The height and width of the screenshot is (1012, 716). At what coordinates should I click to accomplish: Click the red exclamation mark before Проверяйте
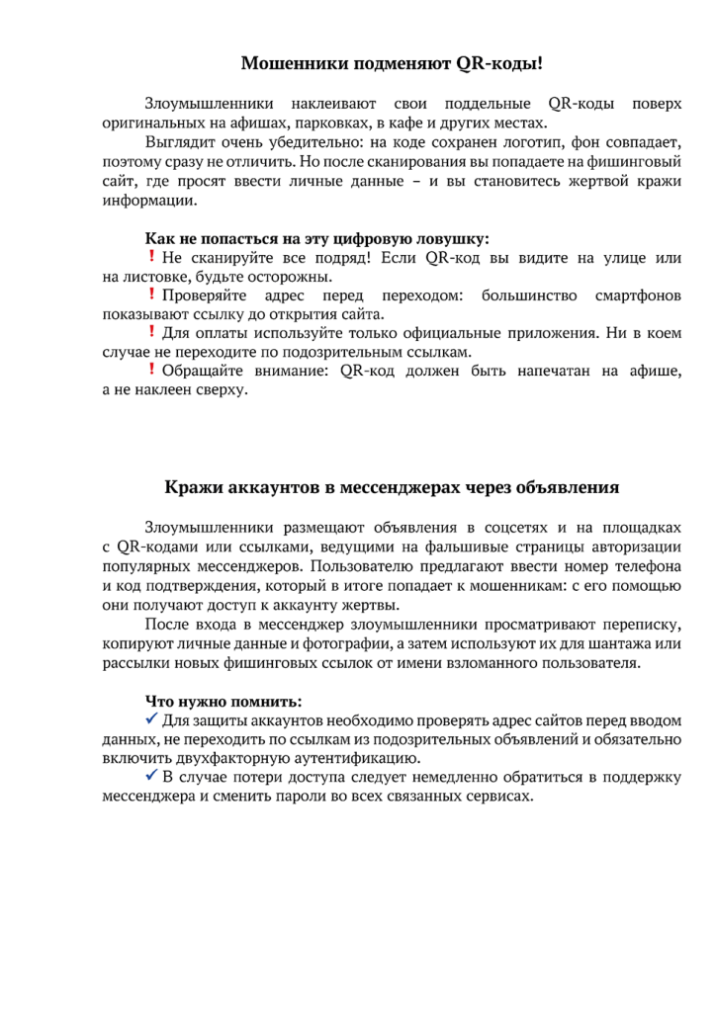pyautogui.click(x=151, y=295)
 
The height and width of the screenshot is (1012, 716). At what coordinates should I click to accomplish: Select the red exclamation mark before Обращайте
pyautogui.click(x=151, y=370)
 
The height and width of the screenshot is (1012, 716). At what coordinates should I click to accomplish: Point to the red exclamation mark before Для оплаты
pyautogui.click(x=151, y=332)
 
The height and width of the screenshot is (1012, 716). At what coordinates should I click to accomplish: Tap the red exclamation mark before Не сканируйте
pyautogui.click(x=151, y=257)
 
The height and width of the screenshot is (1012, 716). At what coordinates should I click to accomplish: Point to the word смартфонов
pyautogui.click(x=639, y=295)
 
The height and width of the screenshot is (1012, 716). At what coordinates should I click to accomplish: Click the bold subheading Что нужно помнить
pyautogui.click(x=224, y=702)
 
